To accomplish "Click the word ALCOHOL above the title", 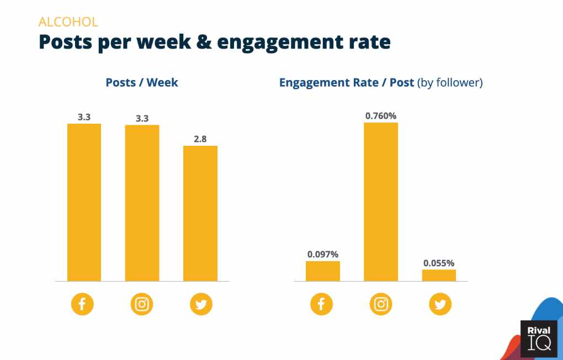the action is (68, 22).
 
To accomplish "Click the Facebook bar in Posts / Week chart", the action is (84, 202).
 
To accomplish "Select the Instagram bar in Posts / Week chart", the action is (142, 203).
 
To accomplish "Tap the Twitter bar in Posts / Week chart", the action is (200, 214).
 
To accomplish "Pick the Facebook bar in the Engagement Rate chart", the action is (323, 271).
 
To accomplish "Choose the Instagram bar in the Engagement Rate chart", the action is (381, 202).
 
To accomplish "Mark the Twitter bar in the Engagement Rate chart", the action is (439, 275).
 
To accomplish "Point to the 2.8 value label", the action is (200, 139).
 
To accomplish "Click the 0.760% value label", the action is (381, 116).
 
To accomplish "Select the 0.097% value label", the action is (323, 255).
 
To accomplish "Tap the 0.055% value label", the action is (439, 263).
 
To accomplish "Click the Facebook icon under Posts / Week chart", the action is (82, 304).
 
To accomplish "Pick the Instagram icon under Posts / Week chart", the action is (142, 304).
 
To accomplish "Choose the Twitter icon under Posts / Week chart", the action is (201, 304).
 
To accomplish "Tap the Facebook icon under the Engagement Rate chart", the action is (321, 304).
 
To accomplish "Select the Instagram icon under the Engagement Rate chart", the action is (381, 304).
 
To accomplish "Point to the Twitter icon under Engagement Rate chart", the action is (440, 304).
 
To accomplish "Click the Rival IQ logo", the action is (539, 338).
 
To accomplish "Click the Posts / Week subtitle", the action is (142, 83).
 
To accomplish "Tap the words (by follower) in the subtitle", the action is (450, 83).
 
